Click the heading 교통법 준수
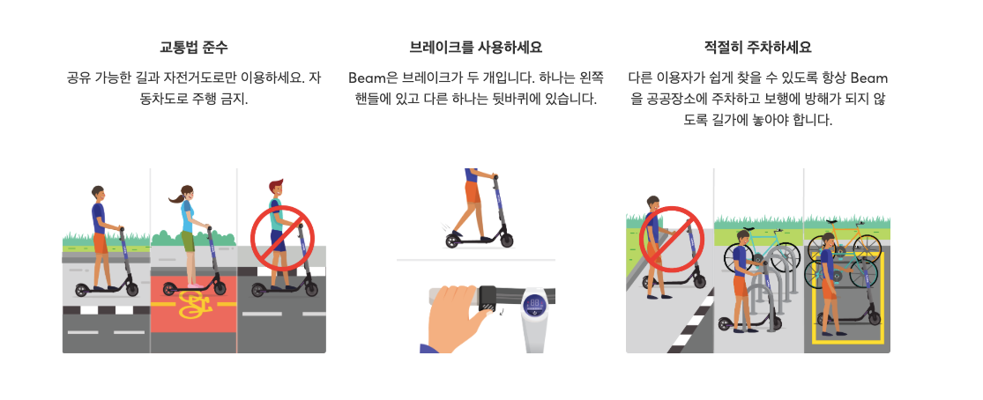194,47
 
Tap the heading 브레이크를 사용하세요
476,47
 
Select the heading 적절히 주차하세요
758,47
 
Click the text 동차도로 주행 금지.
194,100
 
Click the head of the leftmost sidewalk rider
97,192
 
